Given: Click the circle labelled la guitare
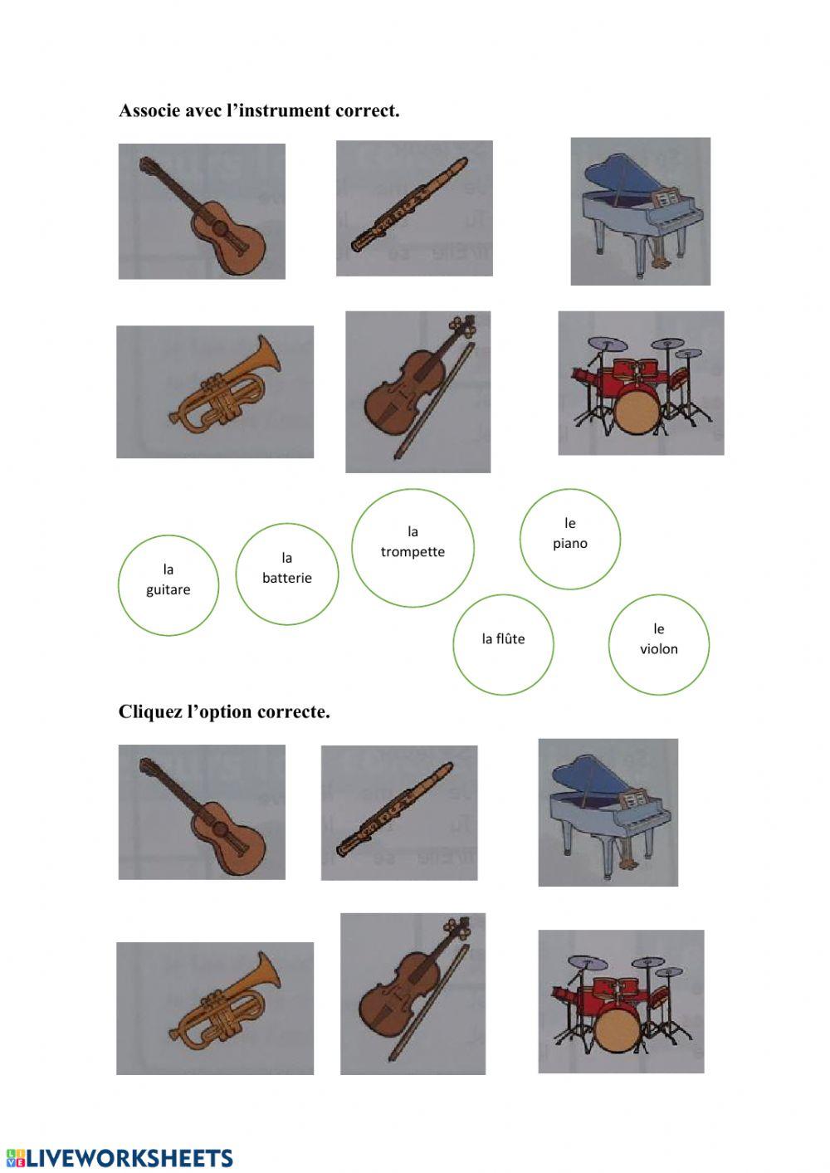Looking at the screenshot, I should tap(168, 585).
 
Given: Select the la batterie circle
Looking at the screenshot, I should tap(287, 574).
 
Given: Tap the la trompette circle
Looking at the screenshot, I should tap(413, 548).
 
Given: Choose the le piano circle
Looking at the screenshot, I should tap(570, 539).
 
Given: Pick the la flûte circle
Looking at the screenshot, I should tap(503, 644).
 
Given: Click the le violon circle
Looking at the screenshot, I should tap(659, 644).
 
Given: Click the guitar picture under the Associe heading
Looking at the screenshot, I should tap(202, 212).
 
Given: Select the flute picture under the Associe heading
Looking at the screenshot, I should tap(414, 208).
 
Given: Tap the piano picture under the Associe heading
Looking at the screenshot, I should tap(640, 212).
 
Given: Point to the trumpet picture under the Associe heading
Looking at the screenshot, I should tap(215, 392).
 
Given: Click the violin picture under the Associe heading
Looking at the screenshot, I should tap(417, 392).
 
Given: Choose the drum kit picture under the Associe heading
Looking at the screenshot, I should tap(641, 384).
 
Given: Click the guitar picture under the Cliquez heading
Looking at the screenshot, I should tap(202, 812).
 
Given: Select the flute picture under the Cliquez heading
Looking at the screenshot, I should tap(399, 813).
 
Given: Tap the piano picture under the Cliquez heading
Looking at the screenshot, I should tap(608, 813).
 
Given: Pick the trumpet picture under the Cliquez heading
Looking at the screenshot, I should tap(215, 1009).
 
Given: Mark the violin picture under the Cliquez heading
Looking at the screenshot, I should tap(413, 994).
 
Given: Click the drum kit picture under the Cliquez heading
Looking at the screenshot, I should tap(621, 1001).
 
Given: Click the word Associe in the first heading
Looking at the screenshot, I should tap(149, 110).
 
